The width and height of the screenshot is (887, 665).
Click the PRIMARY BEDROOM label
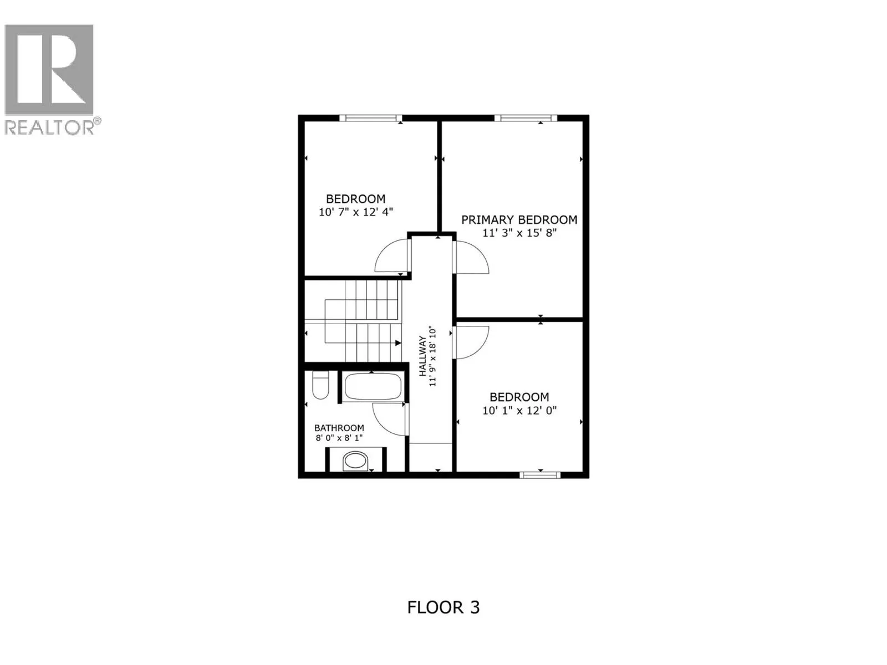(519, 220)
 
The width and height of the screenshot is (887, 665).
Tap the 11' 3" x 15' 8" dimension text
(519, 233)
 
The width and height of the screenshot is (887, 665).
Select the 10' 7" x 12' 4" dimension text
(355, 212)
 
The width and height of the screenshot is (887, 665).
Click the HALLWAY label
(422, 356)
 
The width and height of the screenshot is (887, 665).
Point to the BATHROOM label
(339, 428)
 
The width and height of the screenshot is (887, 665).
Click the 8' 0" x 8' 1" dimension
(339, 438)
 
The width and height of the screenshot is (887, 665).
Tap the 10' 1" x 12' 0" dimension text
(519, 411)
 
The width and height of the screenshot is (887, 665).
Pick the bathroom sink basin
(355, 461)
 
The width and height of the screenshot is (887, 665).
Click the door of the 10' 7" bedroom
(392, 256)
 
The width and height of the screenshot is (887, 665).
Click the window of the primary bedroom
(525, 117)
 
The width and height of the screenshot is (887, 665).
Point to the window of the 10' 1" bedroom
(540, 475)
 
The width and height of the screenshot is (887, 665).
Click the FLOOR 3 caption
(443, 607)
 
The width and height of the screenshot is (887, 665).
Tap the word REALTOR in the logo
(49, 127)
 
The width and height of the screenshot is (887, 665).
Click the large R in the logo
(49, 69)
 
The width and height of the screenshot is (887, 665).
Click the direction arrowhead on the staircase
(398, 344)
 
